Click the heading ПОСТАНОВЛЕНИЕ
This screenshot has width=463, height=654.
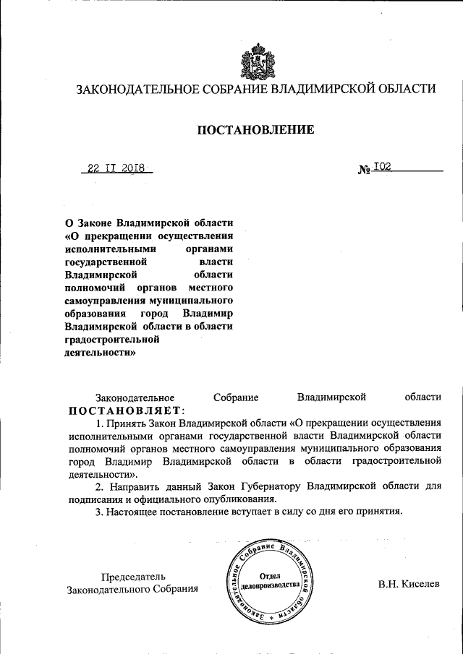tap(256, 130)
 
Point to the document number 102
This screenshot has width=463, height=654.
tap(383, 166)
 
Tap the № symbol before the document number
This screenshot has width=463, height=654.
tap(365, 170)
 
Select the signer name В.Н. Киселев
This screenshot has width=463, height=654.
tap(408, 583)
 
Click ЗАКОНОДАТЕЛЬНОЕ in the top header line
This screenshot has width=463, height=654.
tap(134, 90)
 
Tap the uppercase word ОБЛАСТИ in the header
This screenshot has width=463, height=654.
tap(405, 90)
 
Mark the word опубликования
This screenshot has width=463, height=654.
tap(239, 499)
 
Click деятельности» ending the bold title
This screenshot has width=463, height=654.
tap(100, 353)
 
